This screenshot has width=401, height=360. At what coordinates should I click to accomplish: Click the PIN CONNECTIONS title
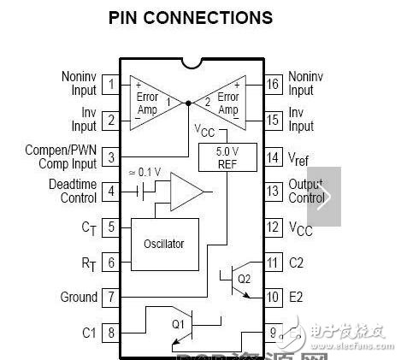click(x=191, y=17)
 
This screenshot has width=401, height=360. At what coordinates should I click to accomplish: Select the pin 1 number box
click(x=111, y=84)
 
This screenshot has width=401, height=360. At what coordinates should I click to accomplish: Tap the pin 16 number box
click(x=273, y=84)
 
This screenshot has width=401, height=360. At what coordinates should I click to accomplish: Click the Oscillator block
click(x=164, y=244)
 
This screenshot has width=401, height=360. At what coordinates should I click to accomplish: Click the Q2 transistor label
click(x=244, y=279)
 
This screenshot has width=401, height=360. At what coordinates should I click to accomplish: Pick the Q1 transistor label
click(x=178, y=324)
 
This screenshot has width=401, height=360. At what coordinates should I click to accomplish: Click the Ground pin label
click(x=79, y=298)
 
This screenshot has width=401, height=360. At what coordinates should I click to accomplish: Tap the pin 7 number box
click(x=111, y=298)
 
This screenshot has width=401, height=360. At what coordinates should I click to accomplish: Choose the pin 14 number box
click(x=273, y=156)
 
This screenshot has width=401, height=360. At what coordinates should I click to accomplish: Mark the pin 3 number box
click(x=111, y=156)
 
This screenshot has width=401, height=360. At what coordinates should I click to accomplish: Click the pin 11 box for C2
click(x=273, y=263)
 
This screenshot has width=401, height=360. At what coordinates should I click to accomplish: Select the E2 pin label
click(x=297, y=298)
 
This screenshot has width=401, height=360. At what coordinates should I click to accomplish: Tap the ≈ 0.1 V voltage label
click(x=145, y=171)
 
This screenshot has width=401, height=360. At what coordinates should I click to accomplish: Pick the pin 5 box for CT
click(x=111, y=227)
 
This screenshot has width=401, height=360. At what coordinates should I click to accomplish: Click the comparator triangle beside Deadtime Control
click(x=184, y=192)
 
